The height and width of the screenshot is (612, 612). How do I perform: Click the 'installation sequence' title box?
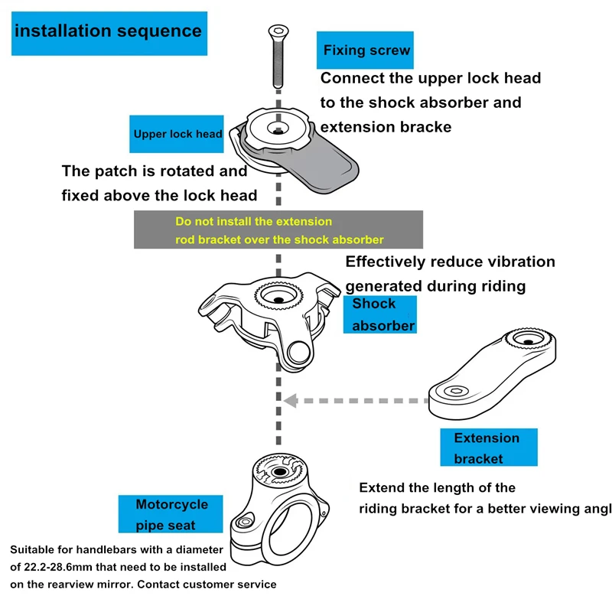coord(109,34)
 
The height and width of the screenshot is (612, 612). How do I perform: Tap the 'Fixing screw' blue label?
coord(365,50)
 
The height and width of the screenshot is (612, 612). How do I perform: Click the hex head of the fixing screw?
coord(278,31)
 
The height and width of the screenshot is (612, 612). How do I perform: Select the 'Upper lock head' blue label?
coord(177,134)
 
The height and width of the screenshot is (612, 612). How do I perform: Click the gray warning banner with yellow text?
coord(278,229)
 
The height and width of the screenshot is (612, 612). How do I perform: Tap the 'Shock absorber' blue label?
coord(380,314)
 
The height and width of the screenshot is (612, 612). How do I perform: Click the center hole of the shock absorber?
coord(278,299)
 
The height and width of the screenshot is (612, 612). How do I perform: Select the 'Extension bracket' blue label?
coord(489,448)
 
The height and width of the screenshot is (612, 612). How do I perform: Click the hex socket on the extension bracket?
coord(455,391)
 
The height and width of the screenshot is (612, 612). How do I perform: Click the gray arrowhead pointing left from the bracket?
coord(291,401)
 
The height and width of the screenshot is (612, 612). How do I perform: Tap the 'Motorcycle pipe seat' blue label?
coord(171,514)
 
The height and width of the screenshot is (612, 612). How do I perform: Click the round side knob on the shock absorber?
coord(299,353)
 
